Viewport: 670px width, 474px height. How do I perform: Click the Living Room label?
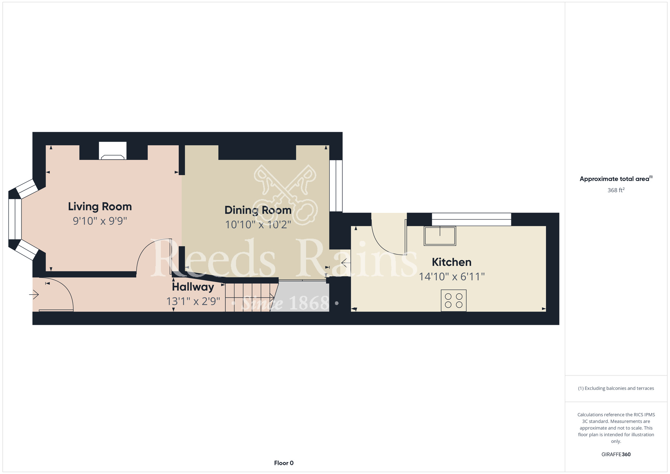[x=100, y=206]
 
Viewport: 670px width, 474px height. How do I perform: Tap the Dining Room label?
[x=258, y=210]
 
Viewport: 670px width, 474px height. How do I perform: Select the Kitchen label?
[x=452, y=262]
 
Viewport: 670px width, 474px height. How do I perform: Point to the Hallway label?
[x=193, y=287]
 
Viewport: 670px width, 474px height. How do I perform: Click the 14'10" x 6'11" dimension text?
[x=452, y=277]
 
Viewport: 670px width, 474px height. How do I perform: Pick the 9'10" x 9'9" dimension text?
[x=100, y=221]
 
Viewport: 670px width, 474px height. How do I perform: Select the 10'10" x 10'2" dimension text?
[x=258, y=225]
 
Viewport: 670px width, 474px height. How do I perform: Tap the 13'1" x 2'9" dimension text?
[x=193, y=301]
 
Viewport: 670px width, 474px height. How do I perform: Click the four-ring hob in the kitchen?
[x=454, y=300]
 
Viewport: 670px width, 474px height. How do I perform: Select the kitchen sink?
[x=440, y=236]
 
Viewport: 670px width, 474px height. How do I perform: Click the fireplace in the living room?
[x=113, y=151]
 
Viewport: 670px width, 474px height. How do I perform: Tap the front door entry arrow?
[x=34, y=295]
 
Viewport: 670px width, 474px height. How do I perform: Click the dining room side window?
[x=336, y=186]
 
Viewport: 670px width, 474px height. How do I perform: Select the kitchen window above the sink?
[x=471, y=219]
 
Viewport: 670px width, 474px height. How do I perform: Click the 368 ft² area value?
[x=616, y=190]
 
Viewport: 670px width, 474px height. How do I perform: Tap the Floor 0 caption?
[x=284, y=463]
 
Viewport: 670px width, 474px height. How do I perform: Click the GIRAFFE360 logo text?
[x=616, y=455]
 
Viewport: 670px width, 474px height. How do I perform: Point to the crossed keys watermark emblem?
[x=285, y=195]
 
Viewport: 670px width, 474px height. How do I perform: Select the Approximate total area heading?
[x=616, y=179]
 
